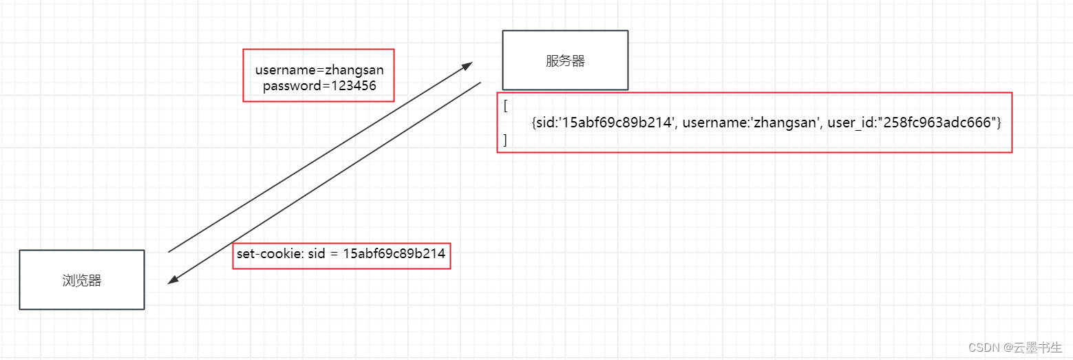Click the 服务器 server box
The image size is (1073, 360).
tap(565, 61)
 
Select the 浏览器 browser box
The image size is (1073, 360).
tap(82, 280)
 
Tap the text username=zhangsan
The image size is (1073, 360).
tap(319, 70)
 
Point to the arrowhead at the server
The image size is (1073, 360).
tap(468, 65)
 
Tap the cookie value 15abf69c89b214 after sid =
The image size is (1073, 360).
tap(394, 254)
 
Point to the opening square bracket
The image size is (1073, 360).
tap(506, 106)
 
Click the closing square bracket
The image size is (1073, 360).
tap(506, 140)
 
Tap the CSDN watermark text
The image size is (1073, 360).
tap(984, 348)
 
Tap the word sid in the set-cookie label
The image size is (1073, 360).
tap(317, 254)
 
